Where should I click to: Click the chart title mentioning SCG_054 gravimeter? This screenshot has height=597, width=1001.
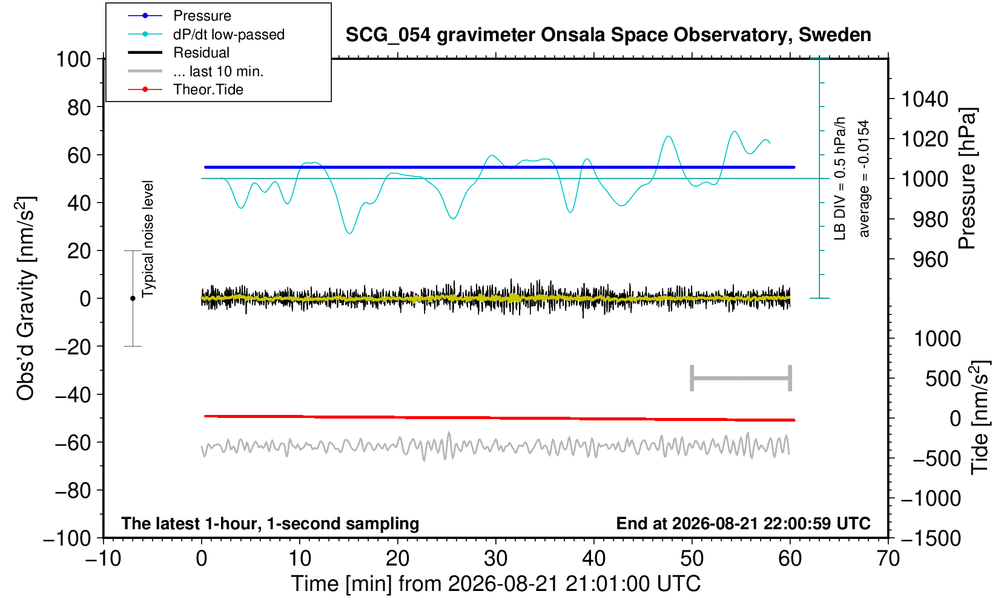pyautogui.click(x=608, y=34)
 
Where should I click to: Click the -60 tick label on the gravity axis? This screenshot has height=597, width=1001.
pyautogui.click(x=73, y=443)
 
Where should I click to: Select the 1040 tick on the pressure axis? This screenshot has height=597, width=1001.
pyautogui.click(x=925, y=99)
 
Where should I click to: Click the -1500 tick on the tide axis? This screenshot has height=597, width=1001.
pyautogui.click(x=931, y=538)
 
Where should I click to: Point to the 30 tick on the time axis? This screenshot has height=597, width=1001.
pyautogui.click(x=495, y=558)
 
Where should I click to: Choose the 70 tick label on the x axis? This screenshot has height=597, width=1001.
pyautogui.click(x=888, y=558)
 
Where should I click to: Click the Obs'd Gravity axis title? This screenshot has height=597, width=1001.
pyautogui.click(x=25, y=298)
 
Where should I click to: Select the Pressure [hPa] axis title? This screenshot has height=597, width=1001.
pyautogui.click(x=968, y=178)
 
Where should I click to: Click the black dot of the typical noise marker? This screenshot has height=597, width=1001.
pyautogui.click(x=133, y=298)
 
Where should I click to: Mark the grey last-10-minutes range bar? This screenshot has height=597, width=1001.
pyautogui.click(x=741, y=378)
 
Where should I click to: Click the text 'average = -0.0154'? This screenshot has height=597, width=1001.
pyautogui.click(x=864, y=178)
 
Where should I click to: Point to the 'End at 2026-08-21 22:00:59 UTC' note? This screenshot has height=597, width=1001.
pyautogui.click(x=743, y=523)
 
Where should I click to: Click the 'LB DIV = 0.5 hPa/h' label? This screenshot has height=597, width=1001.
pyautogui.click(x=840, y=178)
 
